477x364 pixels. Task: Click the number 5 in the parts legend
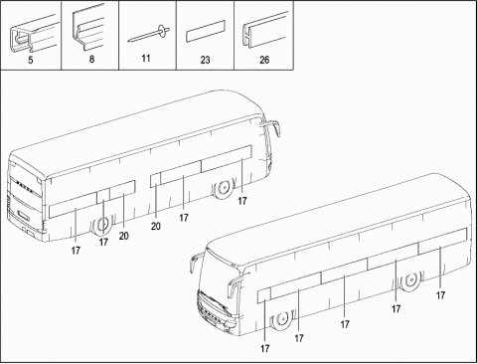click(x=31, y=61)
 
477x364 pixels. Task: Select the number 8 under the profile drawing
click(x=91, y=59)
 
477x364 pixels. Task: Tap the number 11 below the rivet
click(x=146, y=59)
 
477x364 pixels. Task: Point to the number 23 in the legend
click(x=205, y=60)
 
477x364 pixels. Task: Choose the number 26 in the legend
click(x=264, y=60)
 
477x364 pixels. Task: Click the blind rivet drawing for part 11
click(x=149, y=34)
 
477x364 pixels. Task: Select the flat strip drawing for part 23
click(x=205, y=32)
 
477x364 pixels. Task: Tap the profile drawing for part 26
click(x=265, y=31)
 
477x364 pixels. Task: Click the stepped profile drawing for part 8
click(x=88, y=28)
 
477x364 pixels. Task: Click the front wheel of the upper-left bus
click(x=224, y=189)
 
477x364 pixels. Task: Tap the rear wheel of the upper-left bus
click(x=102, y=225)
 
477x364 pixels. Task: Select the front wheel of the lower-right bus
click(x=282, y=319)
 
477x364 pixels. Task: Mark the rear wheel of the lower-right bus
click(x=410, y=280)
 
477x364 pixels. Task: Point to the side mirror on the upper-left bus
click(x=272, y=127)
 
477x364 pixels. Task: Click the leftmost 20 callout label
click(x=123, y=236)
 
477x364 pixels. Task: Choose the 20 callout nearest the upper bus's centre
click(x=156, y=227)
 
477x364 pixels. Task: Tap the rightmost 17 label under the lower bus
click(x=440, y=295)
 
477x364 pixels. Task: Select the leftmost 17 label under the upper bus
click(x=76, y=251)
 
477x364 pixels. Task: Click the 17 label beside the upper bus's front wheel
click(x=242, y=201)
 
